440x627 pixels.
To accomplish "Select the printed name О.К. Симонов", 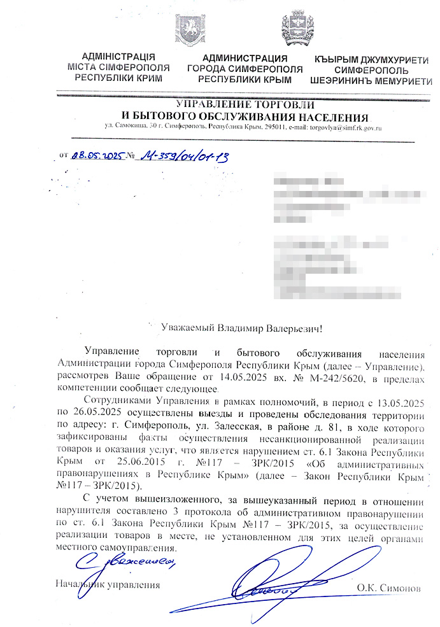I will click(x=388, y=586).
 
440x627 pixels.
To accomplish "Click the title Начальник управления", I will click(x=108, y=584).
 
